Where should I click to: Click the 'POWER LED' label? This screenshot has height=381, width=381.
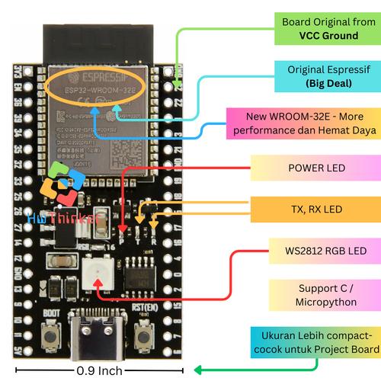click(316, 168)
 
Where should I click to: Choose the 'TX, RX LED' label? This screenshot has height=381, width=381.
click(316, 208)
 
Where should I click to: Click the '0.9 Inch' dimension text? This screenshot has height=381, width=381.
click(99, 371)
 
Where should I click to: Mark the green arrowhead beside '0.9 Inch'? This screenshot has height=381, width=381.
click(196, 371)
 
